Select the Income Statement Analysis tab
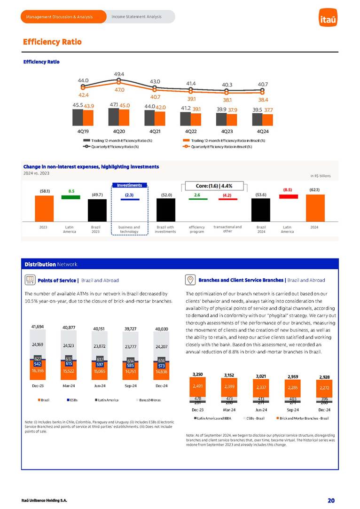(x=136, y=17)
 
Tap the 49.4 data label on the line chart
(x=119, y=74)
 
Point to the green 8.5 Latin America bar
(x=71, y=197)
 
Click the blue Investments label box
(x=129, y=185)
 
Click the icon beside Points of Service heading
(x=29, y=280)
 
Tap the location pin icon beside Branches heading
(x=190, y=280)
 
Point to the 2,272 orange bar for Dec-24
(x=325, y=388)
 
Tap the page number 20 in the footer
(x=331, y=500)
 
